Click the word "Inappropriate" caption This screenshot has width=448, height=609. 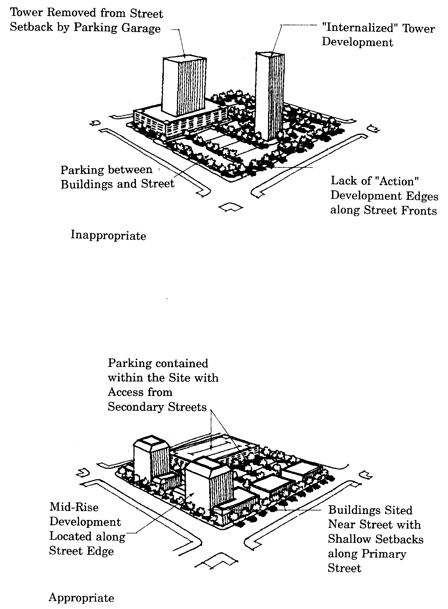108,235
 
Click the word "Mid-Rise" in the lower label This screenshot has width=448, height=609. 74,507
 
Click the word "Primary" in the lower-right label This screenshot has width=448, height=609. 384,554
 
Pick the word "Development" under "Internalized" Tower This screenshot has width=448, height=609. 357,42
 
